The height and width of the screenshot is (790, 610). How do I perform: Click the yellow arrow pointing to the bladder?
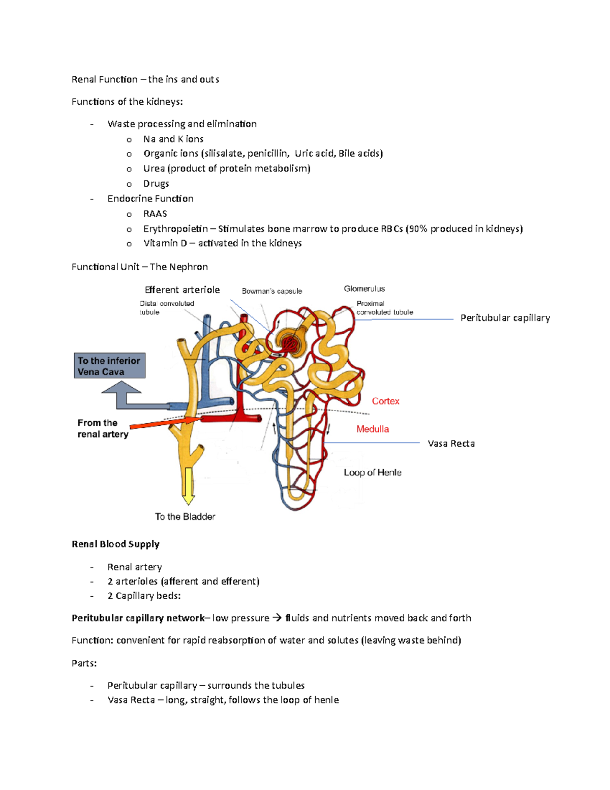click(x=189, y=486)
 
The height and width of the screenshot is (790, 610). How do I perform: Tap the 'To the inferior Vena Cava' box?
click(x=109, y=366)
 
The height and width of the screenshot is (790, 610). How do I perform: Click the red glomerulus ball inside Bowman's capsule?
click(x=290, y=342)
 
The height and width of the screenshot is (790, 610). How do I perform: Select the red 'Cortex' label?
click(x=385, y=401)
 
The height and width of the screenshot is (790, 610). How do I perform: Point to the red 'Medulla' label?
click(x=373, y=429)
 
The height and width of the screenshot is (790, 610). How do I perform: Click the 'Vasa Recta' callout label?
click(x=451, y=444)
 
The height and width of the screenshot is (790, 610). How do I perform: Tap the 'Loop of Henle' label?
click(x=373, y=473)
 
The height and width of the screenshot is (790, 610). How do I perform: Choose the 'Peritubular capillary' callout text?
click(x=505, y=318)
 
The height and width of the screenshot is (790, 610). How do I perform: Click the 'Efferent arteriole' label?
click(x=182, y=290)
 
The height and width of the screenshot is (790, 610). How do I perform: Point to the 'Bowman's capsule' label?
click(x=272, y=291)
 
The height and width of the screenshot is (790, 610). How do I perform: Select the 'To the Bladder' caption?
click(x=185, y=517)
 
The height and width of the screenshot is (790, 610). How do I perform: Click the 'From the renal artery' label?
click(x=103, y=428)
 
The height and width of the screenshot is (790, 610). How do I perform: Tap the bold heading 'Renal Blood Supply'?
click(x=115, y=544)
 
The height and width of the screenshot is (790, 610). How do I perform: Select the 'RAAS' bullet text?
click(x=155, y=214)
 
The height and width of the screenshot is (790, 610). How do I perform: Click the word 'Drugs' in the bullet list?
click(x=156, y=184)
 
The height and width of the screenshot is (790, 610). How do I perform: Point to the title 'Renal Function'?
click(x=105, y=79)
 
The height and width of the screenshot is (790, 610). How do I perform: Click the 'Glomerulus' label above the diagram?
click(x=364, y=289)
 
